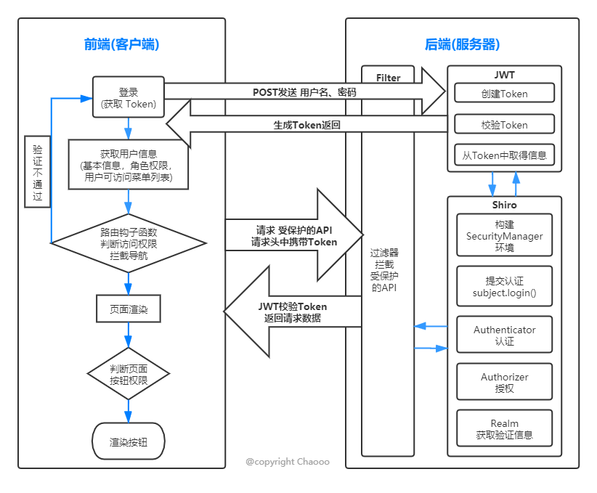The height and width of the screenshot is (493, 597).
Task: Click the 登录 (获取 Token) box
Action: (129, 98)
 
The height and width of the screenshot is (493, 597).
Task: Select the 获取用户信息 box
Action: (129, 165)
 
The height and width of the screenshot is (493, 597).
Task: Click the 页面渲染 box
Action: (129, 309)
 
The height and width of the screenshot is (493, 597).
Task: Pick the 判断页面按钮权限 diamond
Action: (129, 373)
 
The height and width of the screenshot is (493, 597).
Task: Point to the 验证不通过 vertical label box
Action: (37, 171)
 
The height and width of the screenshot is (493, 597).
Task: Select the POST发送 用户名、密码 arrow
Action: (305, 92)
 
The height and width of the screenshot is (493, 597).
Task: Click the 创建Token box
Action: (504, 93)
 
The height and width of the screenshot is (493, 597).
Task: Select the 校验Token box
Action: (504, 124)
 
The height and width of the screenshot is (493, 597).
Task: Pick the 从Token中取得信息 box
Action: (504, 155)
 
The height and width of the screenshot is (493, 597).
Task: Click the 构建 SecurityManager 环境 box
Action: (504, 236)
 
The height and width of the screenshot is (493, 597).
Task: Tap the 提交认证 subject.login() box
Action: (504, 287)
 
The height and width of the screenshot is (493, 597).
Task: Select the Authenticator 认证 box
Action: (504, 335)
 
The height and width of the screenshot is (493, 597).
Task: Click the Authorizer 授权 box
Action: (504, 382)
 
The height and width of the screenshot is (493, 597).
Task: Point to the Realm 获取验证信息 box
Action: (504, 429)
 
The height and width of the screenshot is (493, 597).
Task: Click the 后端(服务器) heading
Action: (462, 45)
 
